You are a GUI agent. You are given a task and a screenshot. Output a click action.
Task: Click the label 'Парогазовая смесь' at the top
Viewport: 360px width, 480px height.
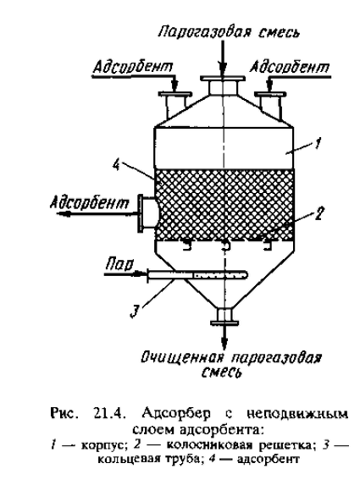pos(228,32)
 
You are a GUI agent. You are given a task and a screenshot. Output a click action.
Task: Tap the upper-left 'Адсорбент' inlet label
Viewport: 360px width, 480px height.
pos(133,66)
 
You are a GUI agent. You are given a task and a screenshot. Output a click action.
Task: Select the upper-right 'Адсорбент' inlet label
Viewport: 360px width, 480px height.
pos(289,66)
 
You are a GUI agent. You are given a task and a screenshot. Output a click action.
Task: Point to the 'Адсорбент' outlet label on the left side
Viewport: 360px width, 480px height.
pos(90,202)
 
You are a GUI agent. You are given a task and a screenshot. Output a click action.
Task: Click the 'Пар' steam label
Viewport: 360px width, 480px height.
pos(119,263)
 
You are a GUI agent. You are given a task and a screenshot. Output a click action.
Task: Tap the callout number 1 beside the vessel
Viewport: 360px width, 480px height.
pos(318,143)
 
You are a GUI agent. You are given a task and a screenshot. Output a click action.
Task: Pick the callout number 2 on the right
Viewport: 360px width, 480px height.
pos(318,214)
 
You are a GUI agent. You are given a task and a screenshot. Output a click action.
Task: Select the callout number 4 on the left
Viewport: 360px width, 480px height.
pos(116,166)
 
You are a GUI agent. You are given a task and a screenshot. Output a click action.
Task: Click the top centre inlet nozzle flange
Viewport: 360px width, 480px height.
pos(223,79)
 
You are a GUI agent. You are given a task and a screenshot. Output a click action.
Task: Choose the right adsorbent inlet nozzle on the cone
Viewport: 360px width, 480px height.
pos(270,105)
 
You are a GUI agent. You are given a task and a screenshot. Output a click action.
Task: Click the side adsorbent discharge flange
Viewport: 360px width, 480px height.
pos(141,212)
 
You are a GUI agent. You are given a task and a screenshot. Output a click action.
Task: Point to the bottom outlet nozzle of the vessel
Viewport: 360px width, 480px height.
pos(224,316)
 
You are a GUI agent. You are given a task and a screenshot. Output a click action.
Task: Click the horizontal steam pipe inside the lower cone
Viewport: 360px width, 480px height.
pos(197,274)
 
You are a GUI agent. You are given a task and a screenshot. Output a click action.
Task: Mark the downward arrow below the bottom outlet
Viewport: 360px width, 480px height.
pos(224,336)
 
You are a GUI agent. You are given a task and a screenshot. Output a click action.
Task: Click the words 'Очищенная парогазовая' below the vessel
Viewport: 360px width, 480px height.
pos(231,358)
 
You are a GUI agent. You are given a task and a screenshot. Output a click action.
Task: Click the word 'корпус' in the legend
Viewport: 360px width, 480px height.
pos(104,445)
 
